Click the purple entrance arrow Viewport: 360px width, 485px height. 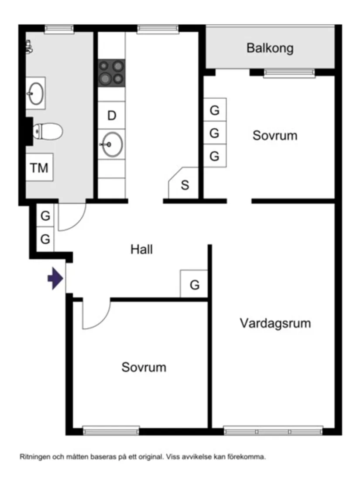pyautogui.click(x=55, y=279)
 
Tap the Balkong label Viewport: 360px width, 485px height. pyautogui.click(x=270, y=48)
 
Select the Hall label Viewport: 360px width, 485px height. pyautogui.click(x=141, y=250)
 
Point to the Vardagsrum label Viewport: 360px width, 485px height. pyautogui.click(x=275, y=323)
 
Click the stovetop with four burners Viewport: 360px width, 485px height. pyautogui.click(x=111, y=72)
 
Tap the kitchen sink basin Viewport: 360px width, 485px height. pyautogui.click(x=112, y=144)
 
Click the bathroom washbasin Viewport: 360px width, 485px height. pyautogui.click(x=35, y=93)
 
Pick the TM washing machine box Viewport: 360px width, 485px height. pyautogui.click(x=39, y=167)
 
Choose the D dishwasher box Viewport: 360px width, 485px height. pyautogui.click(x=112, y=116)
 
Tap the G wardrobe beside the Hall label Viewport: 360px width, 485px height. pyautogui.click(x=194, y=285)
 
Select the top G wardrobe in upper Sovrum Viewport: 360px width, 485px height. pyautogui.click(x=214, y=110)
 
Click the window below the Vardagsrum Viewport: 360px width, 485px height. pyautogui.click(x=273, y=431)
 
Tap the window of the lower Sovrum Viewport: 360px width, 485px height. pyautogui.click(x=111, y=431)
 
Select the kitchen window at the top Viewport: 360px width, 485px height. pyautogui.click(x=158, y=29)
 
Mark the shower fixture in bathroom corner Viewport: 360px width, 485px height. pyautogui.click(x=29, y=47)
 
